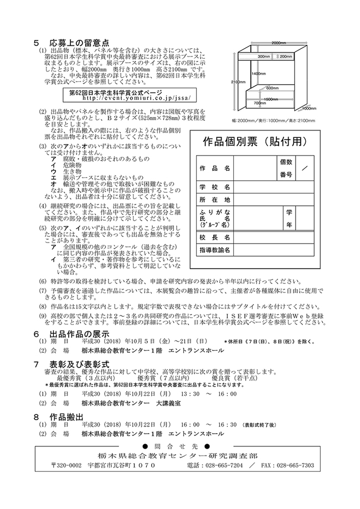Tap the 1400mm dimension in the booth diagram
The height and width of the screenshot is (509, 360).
(255, 73)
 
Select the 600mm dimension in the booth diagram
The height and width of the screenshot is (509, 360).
(272, 88)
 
